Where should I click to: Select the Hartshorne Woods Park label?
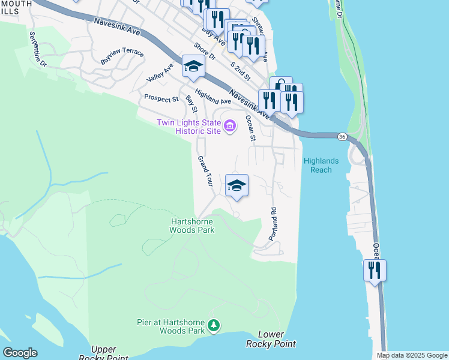(x=190, y=226)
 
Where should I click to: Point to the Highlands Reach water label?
(x=321, y=165)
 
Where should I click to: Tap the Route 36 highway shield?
(x=341, y=137)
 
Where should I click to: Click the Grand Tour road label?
(x=205, y=172)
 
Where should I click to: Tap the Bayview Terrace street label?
(x=122, y=56)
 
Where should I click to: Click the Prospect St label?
(x=161, y=98)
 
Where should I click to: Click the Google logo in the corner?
(x=20, y=353)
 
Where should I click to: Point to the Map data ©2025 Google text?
(x=412, y=355)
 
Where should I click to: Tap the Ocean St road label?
(x=250, y=130)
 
